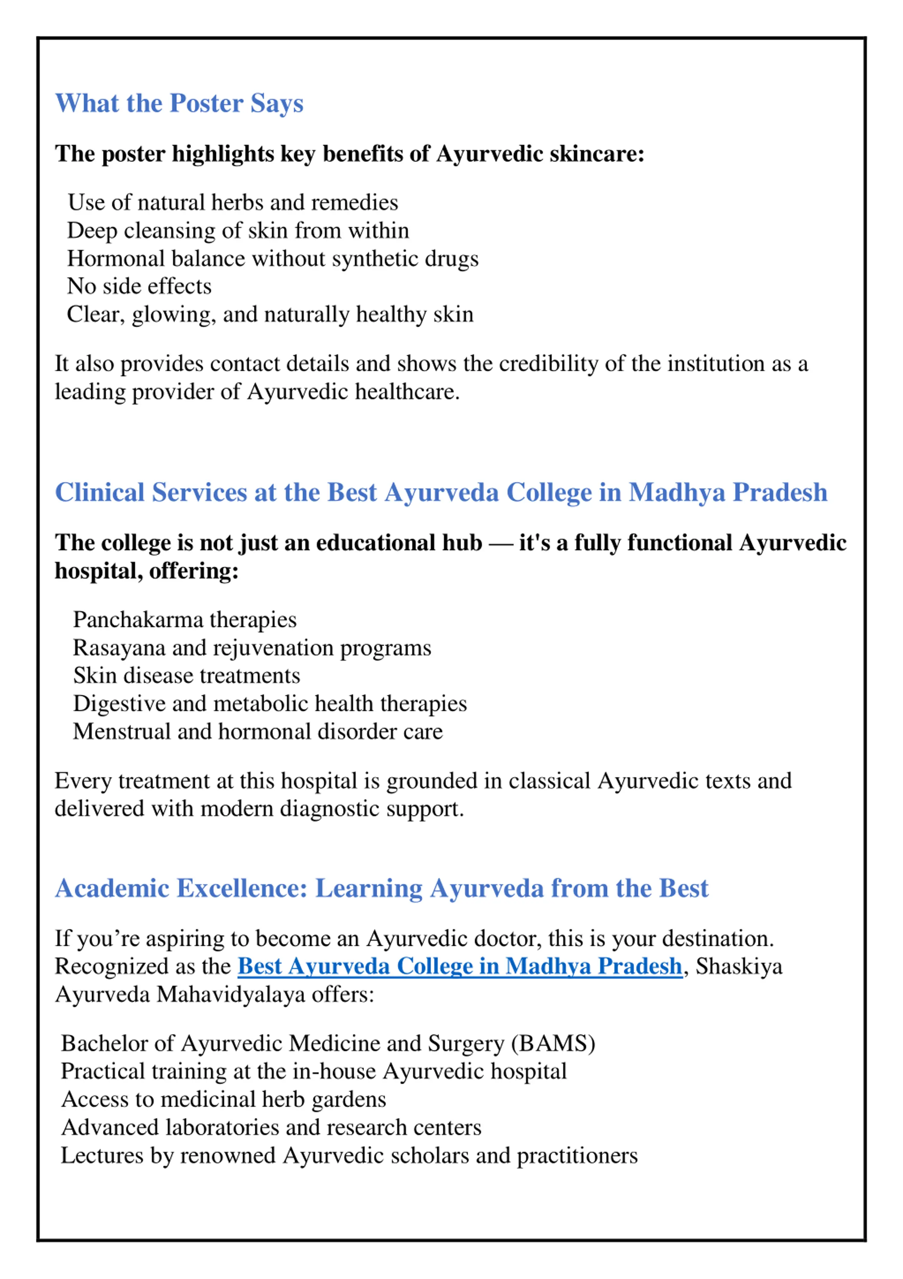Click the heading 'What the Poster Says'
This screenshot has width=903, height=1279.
tap(179, 104)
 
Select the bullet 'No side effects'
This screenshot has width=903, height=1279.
tap(139, 286)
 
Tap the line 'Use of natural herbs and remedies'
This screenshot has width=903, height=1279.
tap(233, 203)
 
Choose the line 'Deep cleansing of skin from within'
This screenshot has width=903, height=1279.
tap(238, 230)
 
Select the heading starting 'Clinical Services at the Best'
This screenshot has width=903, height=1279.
tap(441, 492)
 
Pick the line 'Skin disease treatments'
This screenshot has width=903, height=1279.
tap(187, 676)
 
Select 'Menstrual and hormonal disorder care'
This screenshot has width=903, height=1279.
tap(258, 731)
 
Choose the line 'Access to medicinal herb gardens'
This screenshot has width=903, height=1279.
tap(224, 1099)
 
